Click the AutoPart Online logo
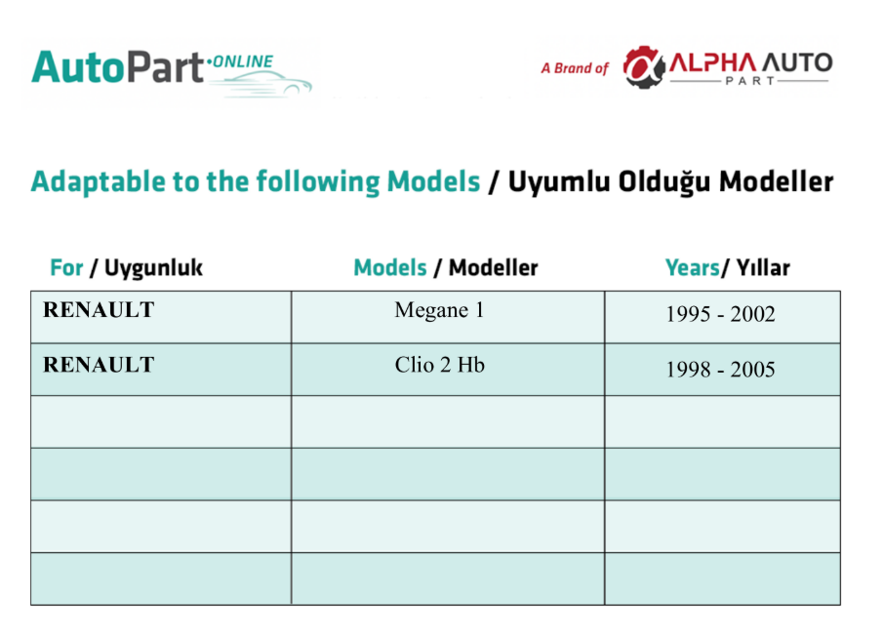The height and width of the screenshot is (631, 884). coord(172,72)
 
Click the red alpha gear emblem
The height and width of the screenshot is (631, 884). coord(644,67)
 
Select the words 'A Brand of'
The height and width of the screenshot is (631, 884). coord(575,68)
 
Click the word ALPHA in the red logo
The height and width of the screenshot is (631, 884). coord(712,62)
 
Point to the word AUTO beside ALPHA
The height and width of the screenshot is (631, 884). coord(797,62)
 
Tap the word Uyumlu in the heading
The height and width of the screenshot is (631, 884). coord(559,181)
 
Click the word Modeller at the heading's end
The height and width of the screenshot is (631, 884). coord(777,181)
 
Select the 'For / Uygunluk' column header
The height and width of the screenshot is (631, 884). coord(126,267)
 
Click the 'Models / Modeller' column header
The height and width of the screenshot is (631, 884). coord(445,267)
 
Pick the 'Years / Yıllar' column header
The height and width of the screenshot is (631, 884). coord(727,267)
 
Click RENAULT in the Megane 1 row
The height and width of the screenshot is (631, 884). coord(99,310)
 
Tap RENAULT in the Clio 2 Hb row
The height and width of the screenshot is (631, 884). coord(99,365)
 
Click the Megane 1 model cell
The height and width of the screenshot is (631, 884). coord(439,310)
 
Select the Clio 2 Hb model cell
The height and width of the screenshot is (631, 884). coord(440,365)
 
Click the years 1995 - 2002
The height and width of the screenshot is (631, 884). coord(720,314)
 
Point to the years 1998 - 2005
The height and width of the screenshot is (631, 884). coord(720,369)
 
